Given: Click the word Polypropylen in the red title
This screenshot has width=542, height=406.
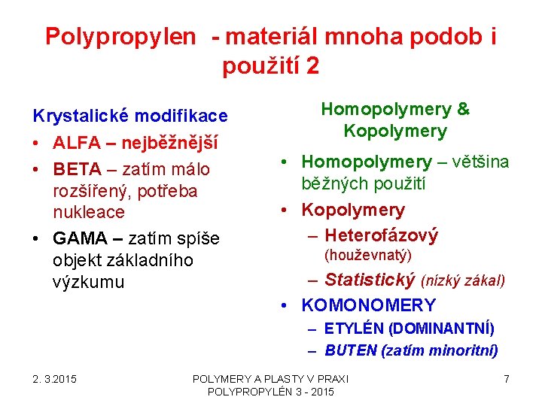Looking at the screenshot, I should click(120, 36).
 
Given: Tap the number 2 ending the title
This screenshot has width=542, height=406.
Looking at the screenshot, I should click(312, 66).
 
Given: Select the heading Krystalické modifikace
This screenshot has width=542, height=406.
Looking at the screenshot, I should click(129, 116).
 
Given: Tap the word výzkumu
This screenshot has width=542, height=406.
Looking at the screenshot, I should click(89, 282).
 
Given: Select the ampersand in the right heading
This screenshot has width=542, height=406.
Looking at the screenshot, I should click(463, 109).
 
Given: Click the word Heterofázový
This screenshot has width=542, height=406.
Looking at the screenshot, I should click(381, 235).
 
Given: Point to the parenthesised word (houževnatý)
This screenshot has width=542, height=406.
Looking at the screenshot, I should click(367, 256).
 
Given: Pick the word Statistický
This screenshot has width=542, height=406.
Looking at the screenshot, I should click(370, 280).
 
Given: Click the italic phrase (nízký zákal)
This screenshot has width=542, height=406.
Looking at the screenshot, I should click(463, 281).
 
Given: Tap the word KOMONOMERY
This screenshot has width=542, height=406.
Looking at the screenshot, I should click(368, 304).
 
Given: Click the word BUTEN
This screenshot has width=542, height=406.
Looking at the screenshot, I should click(352, 350).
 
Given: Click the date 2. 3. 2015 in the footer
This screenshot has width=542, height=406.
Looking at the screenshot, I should click(53, 379).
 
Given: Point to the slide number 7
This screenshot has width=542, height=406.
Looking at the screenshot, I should click(507, 379).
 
